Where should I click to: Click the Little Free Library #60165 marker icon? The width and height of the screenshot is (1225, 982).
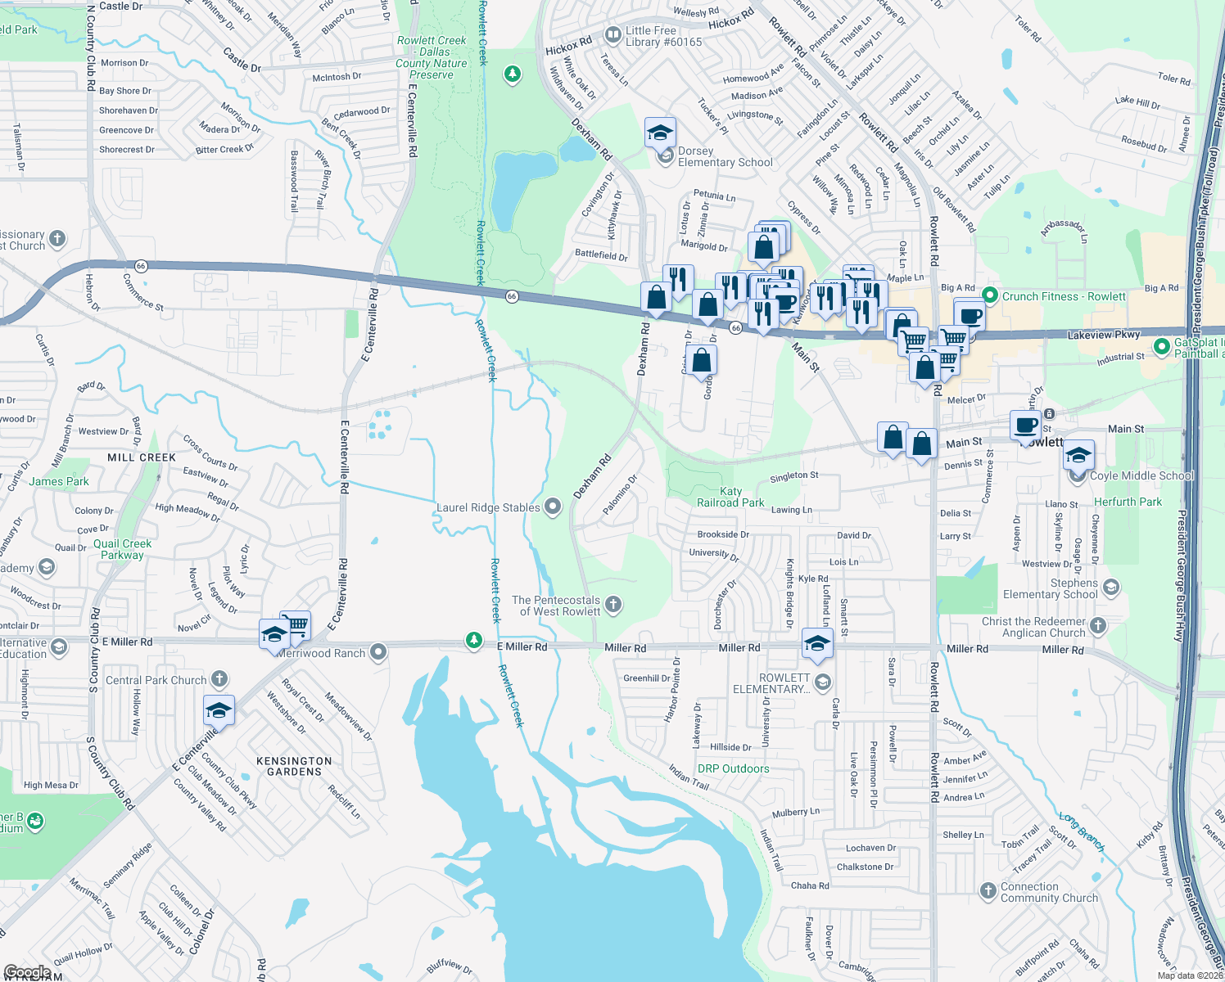(612, 35)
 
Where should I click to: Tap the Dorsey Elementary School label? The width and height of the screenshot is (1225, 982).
(725, 157)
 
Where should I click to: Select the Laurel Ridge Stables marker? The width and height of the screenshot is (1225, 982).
(553, 507)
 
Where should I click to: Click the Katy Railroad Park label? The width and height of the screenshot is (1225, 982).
(730, 498)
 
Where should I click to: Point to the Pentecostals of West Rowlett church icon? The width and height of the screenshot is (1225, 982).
(612, 605)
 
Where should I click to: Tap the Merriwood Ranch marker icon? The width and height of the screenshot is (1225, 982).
(377, 652)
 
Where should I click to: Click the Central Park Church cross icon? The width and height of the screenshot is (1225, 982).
(219, 678)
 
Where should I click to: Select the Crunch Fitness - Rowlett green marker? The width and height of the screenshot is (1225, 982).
(989, 295)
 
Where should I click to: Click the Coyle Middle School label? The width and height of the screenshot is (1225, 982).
(1141, 475)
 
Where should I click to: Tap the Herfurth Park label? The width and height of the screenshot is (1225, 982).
(1128, 502)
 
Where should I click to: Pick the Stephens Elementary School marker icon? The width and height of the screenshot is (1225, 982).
(1110, 587)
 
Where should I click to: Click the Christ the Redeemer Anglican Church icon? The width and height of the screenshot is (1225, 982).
(1098, 626)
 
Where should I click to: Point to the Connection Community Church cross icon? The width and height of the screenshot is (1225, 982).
(988, 890)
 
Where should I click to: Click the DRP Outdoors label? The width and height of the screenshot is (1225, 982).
(733, 768)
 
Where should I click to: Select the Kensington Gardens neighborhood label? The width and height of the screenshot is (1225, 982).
(294, 766)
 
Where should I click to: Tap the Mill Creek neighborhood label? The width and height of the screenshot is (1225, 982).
(142, 457)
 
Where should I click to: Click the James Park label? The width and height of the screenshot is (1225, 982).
(59, 481)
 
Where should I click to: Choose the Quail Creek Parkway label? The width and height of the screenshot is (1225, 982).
(122, 549)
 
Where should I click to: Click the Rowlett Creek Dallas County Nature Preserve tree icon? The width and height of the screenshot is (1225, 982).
(513, 75)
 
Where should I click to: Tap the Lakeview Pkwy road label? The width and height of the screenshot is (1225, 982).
(1103, 335)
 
